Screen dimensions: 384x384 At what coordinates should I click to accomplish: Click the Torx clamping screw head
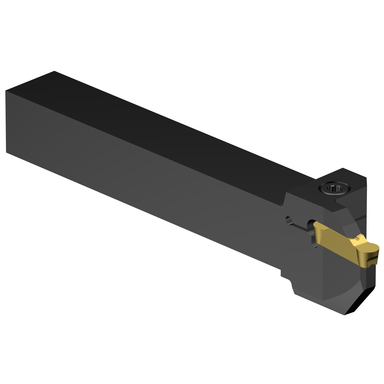334,189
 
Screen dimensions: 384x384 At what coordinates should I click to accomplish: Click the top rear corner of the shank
54,71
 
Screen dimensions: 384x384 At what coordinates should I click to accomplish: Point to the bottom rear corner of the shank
6,153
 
